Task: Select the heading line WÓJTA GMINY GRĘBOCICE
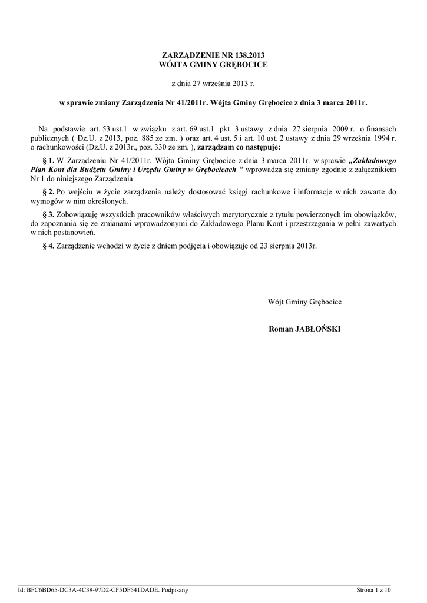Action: click(x=213, y=64)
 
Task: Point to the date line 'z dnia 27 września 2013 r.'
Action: click(x=213, y=84)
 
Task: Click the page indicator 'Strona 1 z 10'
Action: click(x=373, y=589)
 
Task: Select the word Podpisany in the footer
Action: click(x=174, y=589)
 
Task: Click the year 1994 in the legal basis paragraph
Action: click(x=378, y=138)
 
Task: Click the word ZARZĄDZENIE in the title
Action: click(x=187, y=55)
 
